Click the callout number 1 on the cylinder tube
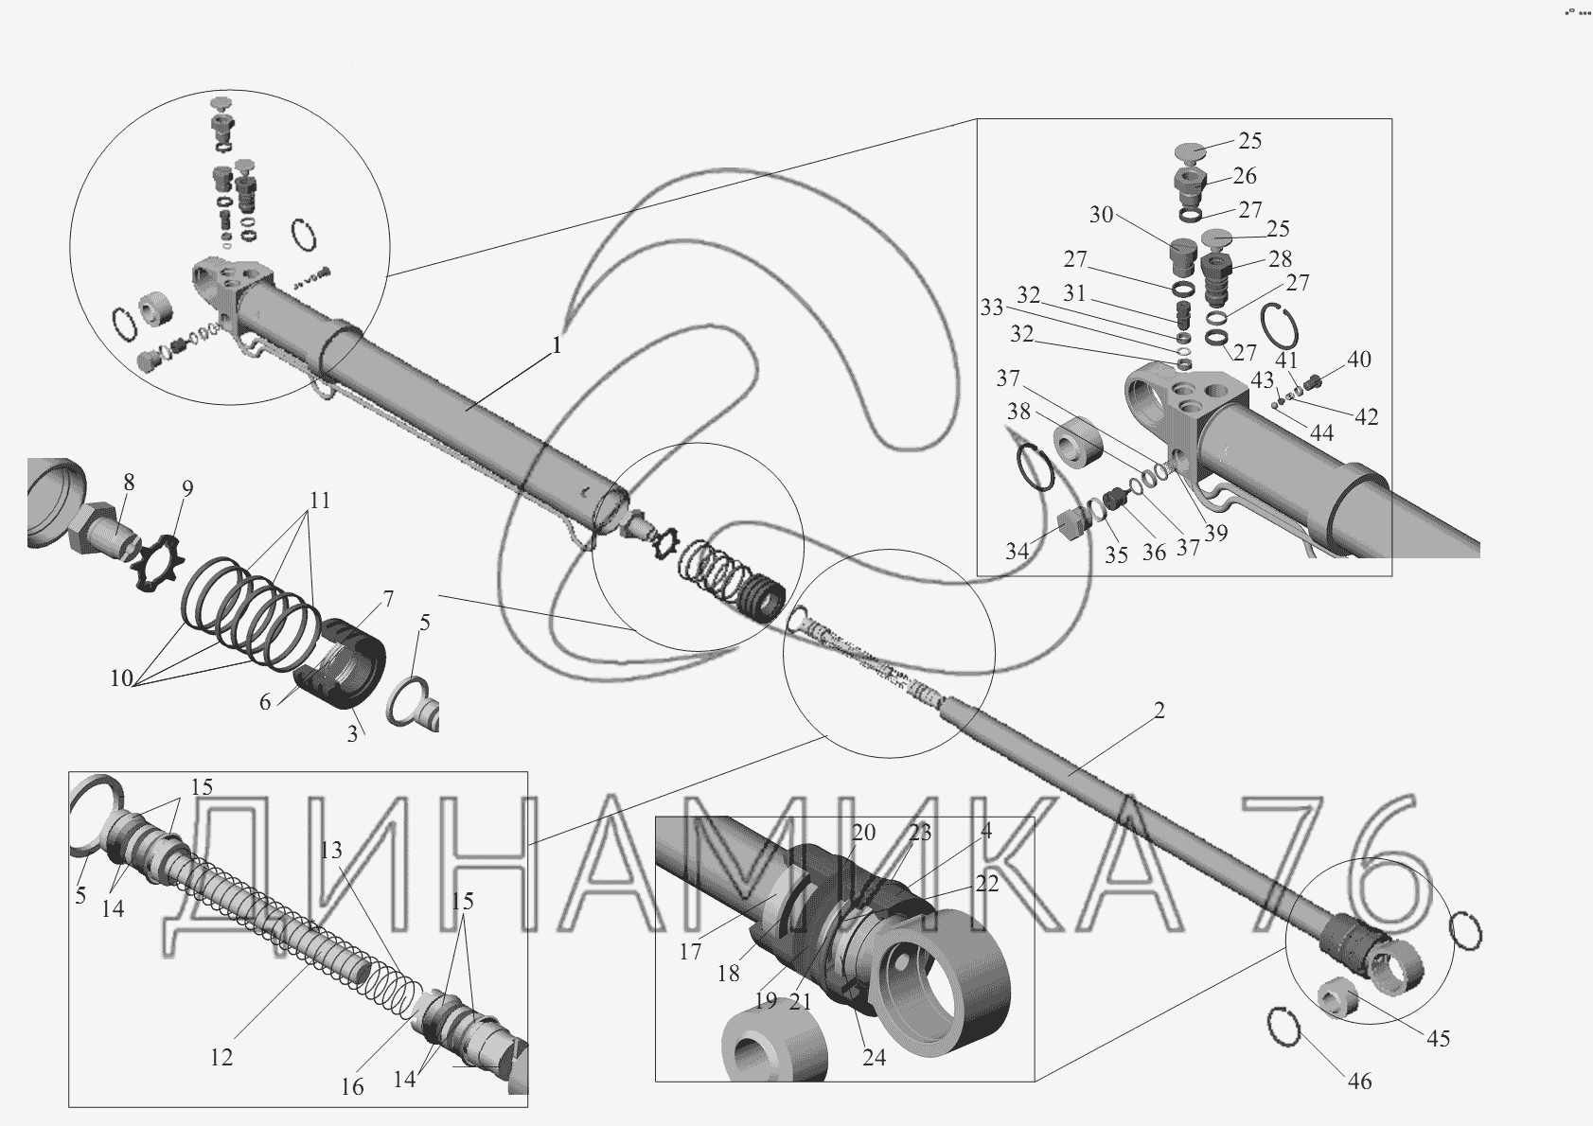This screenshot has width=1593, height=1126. (x=557, y=345)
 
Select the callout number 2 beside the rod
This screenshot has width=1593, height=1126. (x=1159, y=711)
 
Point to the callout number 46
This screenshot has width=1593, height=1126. (x=1359, y=1082)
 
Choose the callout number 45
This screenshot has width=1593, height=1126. (x=1438, y=1038)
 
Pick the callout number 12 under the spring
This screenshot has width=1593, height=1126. (x=221, y=1058)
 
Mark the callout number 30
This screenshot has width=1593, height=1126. (x=1101, y=214)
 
